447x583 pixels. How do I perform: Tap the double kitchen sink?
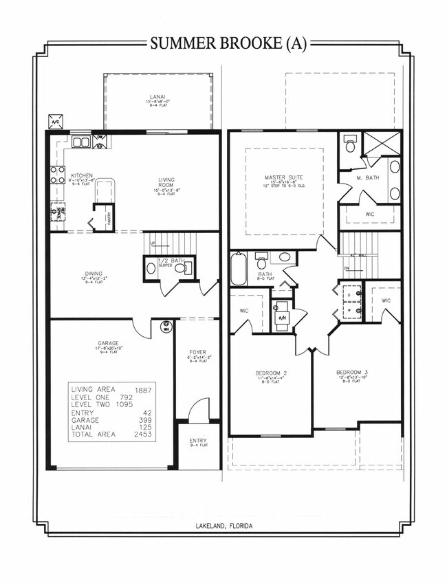[x=80, y=143]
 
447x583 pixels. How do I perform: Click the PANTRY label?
[x=109, y=218]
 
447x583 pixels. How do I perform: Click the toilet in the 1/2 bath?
[x=182, y=269]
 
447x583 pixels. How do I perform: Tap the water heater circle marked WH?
[x=165, y=327]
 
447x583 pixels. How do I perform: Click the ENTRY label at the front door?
[x=198, y=441]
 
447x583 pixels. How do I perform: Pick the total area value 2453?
[x=142, y=435]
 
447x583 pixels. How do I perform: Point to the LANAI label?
[x=157, y=97]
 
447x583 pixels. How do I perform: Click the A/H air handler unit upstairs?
[x=283, y=317]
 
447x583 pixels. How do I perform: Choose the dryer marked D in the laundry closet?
[x=349, y=294]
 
